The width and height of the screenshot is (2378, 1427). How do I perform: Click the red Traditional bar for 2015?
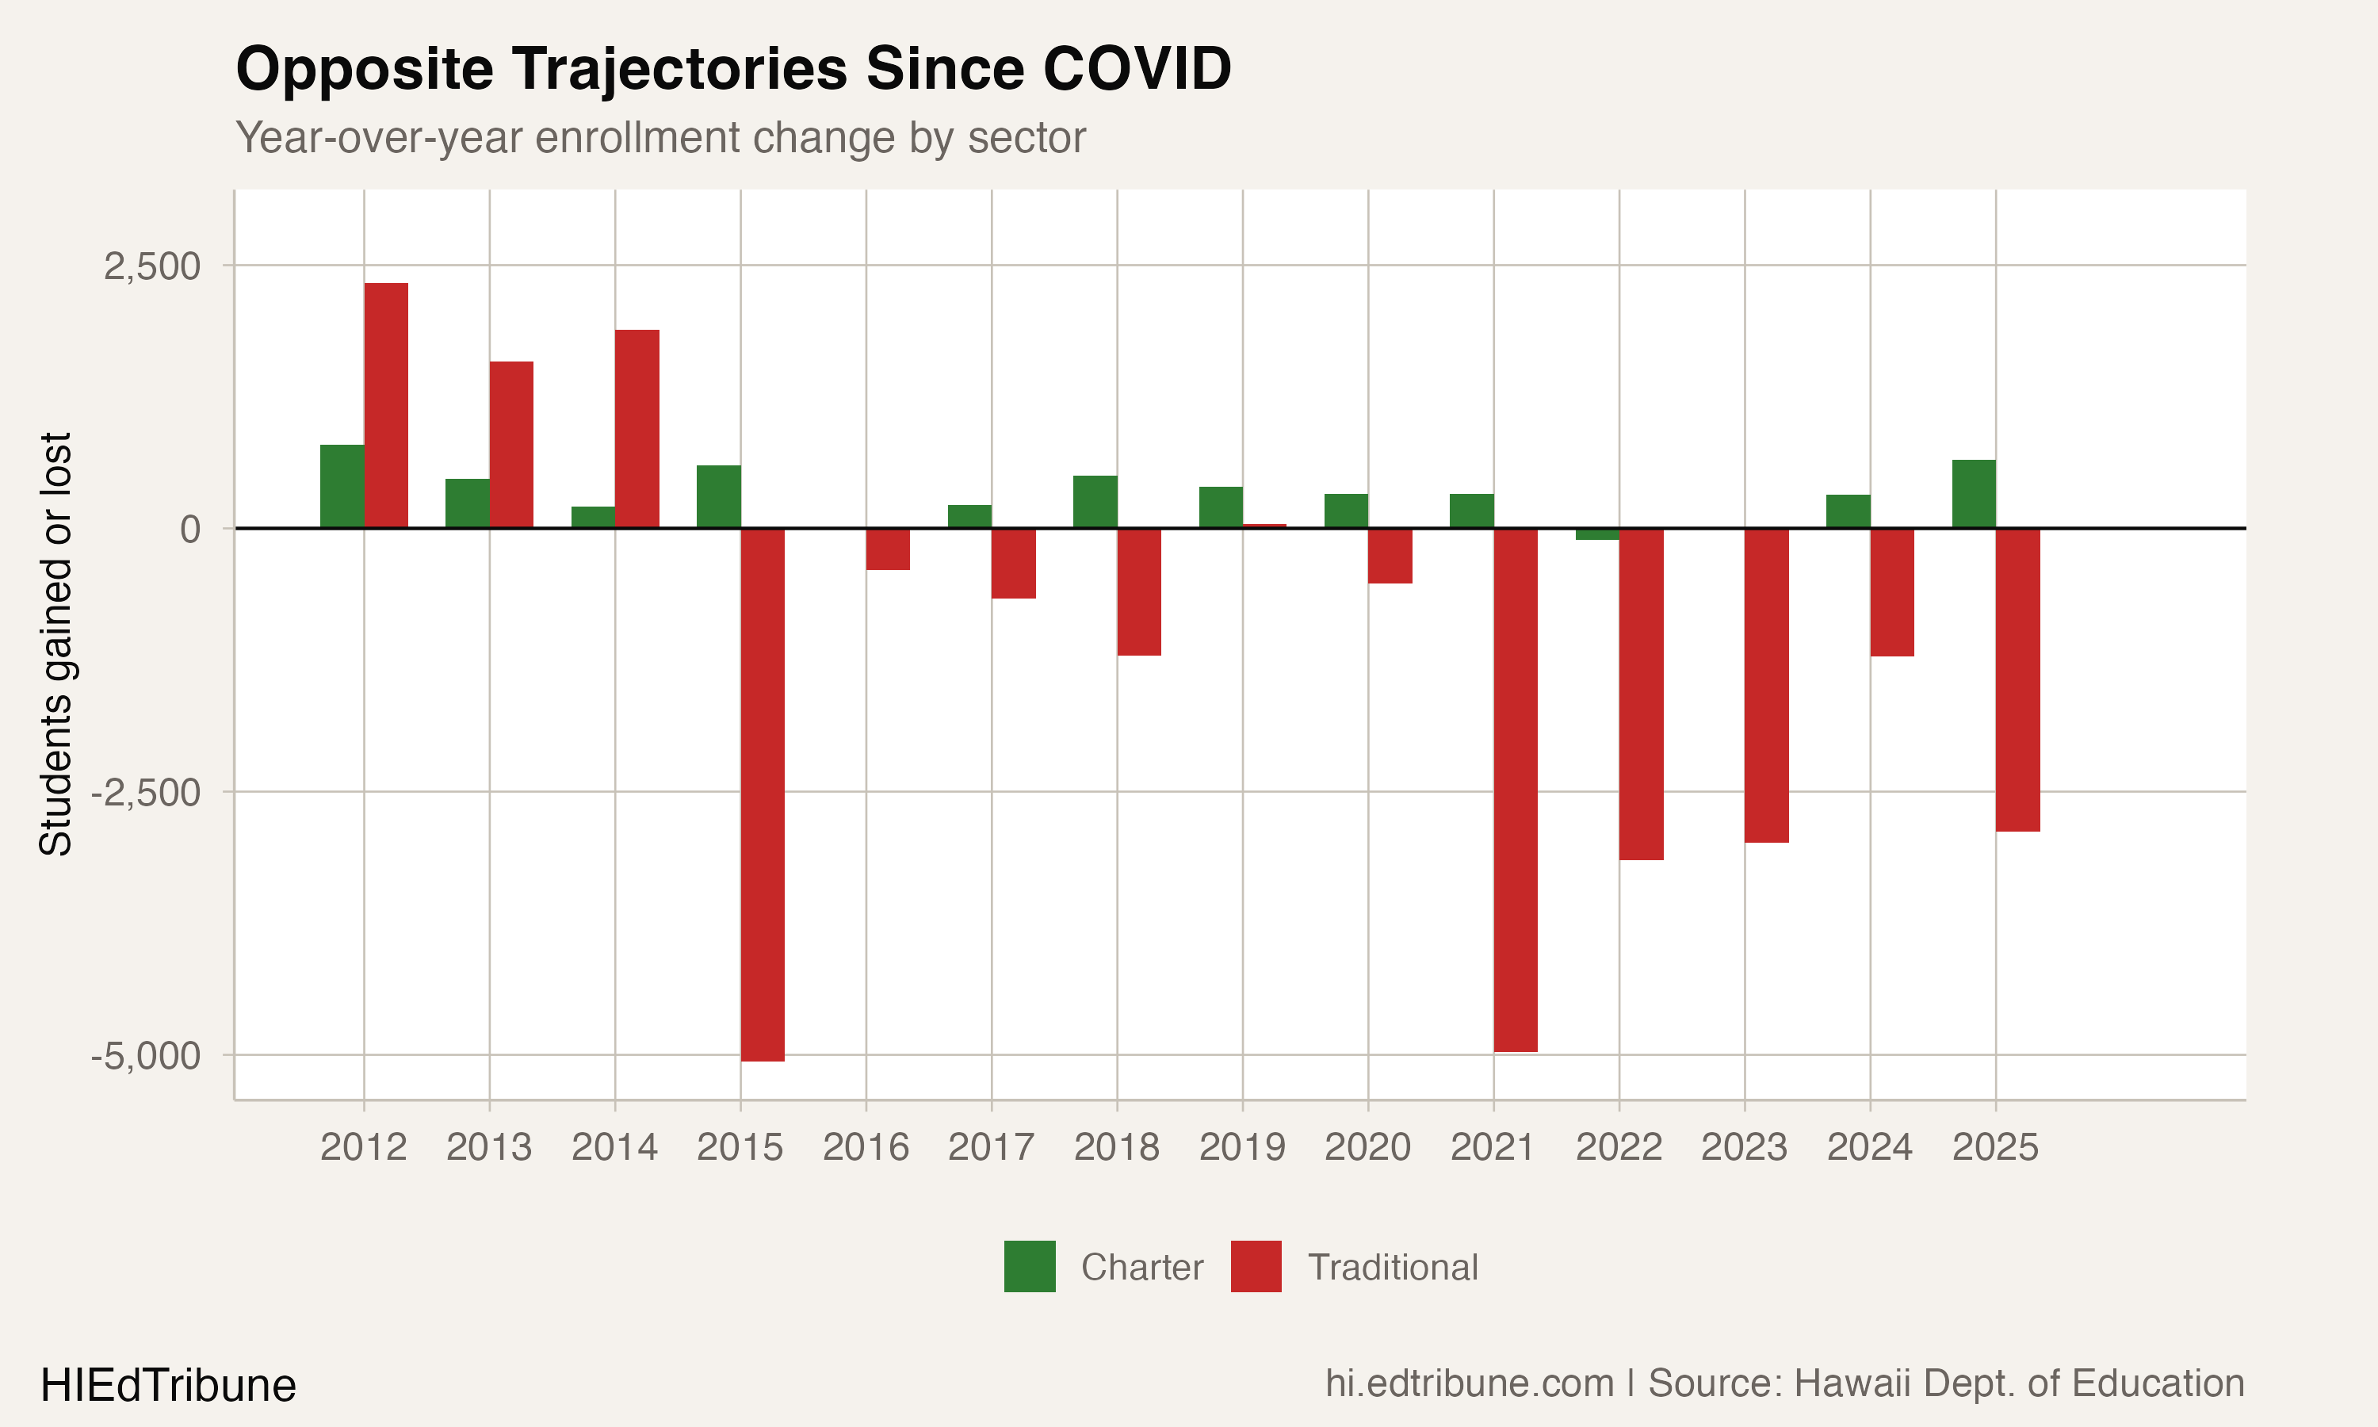763,794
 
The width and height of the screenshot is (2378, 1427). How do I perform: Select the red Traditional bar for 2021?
1515,790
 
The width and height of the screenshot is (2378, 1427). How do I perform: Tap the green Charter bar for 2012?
342,487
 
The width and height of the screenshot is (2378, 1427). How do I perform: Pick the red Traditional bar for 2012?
385,406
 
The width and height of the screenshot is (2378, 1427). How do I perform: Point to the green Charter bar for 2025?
1973,494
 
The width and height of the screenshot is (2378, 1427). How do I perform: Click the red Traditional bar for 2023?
1767,685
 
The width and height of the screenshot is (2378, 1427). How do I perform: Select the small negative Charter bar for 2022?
1597,534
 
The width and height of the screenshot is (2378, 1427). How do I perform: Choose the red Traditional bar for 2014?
637,429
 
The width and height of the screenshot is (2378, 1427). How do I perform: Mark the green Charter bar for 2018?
1095,502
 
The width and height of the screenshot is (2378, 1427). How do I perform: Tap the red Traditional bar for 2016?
888,549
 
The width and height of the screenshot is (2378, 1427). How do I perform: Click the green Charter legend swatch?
1030,1266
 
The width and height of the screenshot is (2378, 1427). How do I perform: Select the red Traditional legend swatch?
1256,1266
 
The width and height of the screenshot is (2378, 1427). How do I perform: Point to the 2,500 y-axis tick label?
152,266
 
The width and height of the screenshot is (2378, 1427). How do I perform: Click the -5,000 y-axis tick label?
146,1056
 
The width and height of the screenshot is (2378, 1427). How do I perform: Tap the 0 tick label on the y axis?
190,529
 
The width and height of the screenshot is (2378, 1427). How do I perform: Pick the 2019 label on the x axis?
1242,1147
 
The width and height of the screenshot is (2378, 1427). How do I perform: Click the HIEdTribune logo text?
168,1386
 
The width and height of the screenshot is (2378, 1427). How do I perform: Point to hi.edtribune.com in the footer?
1470,1383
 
